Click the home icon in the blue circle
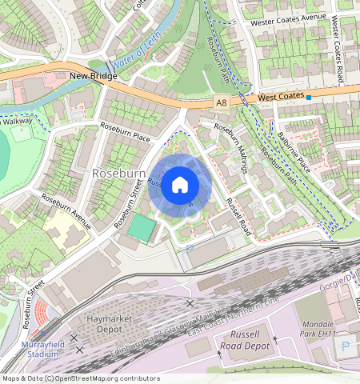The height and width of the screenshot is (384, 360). [180, 186]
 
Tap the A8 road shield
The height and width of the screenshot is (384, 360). [222, 102]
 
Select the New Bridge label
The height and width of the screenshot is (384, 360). [93, 77]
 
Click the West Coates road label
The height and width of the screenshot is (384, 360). [280, 97]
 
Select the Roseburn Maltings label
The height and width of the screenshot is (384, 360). [233, 148]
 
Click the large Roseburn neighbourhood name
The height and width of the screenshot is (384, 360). [118, 173]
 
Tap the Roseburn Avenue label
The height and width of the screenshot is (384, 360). [66, 207]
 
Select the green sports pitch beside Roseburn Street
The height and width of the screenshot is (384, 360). [141, 228]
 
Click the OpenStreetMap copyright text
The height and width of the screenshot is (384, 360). [81, 378]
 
